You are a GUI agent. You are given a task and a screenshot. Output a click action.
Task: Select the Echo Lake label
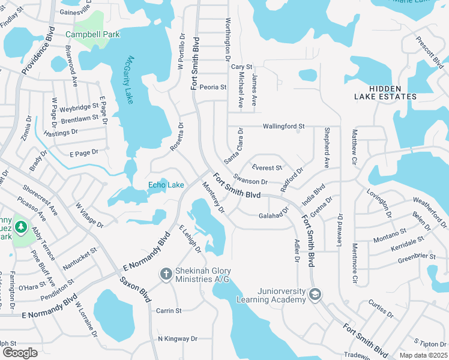point(166,185)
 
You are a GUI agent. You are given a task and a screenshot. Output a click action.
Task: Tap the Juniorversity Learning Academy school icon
point(315,295)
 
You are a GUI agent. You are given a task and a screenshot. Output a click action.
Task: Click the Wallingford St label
point(284,127)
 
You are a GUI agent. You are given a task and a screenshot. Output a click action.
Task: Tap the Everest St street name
point(267,168)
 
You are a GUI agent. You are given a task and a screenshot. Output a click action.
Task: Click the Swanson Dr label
point(250,181)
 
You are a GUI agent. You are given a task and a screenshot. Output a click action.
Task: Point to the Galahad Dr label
point(274,215)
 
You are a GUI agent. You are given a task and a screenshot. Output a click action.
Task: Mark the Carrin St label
point(169,311)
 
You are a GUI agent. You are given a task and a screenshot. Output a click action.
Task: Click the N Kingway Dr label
point(177,339)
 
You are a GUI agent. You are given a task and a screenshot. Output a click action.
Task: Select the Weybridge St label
point(79,107)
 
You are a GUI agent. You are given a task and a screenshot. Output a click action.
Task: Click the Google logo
point(20,353)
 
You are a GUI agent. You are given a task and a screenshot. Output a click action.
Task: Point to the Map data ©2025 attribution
point(423,355)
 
